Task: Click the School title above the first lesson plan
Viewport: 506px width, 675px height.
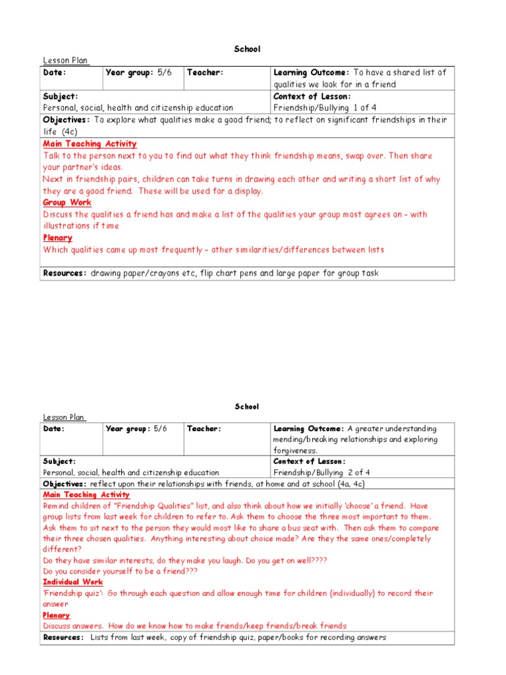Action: [x=247, y=49]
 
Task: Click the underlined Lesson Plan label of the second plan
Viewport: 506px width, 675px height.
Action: [x=65, y=417]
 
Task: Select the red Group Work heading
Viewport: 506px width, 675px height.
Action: [x=67, y=202]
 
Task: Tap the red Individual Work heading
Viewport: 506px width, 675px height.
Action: [x=73, y=582]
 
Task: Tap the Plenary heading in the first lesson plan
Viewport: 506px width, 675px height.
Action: [x=58, y=238]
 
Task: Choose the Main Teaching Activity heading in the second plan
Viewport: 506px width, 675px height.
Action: [x=86, y=494]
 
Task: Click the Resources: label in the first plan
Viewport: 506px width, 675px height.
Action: [x=65, y=273]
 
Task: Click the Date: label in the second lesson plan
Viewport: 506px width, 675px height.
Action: [x=54, y=428]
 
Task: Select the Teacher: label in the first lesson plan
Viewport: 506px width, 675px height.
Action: [x=205, y=73]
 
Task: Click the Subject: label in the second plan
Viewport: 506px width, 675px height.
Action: [x=59, y=461]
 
